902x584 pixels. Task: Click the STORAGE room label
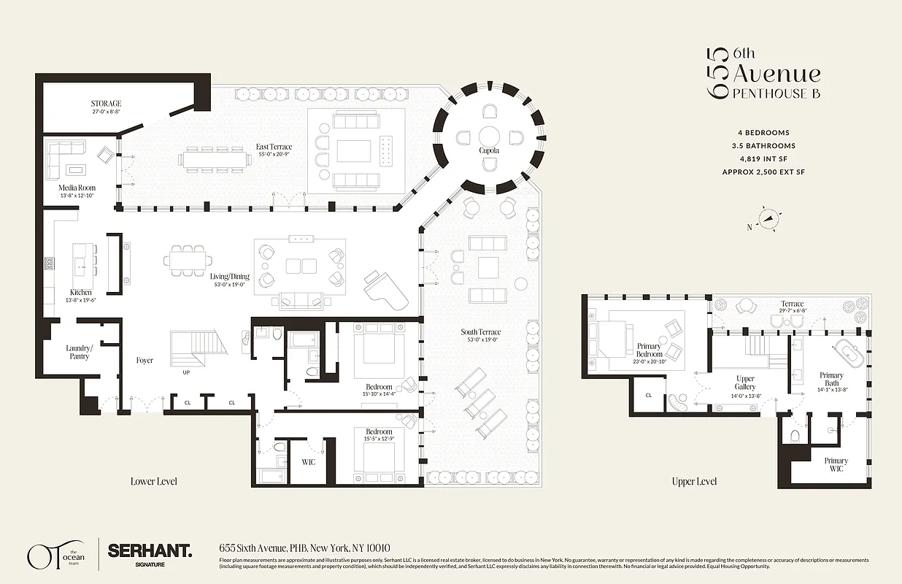[x=106, y=104]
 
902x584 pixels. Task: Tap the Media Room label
[x=77, y=188]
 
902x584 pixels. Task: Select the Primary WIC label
[x=836, y=464]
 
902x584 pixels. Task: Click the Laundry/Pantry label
[x=80, y=352]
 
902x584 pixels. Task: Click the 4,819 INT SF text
[x=764, y=159]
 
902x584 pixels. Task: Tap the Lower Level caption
[x=153, y=481]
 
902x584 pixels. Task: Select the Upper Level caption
[x=694, y=481]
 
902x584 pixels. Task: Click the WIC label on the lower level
[x=308, y=462]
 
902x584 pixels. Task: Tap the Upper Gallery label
[x=745, y=383]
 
